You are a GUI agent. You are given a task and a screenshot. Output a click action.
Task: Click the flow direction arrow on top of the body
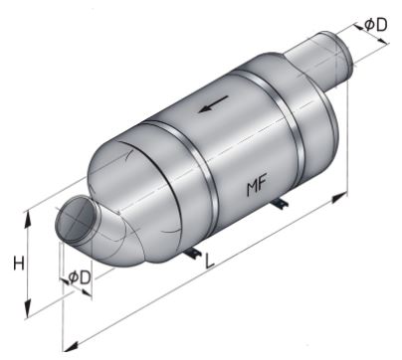pyautogui.click(x=213, y=104)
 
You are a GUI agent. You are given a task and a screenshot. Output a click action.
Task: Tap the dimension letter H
pyautogui.click(x=19, y=265)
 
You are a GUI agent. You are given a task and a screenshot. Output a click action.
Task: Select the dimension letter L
pyautogui.click(x=210, y=261)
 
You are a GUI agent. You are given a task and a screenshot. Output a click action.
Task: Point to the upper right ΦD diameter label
pyautogui.click(x=376, y=25)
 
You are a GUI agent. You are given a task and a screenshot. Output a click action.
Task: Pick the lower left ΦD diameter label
pyautogui.click(x=79, y=277)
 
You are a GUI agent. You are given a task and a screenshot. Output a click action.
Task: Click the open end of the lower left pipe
pyautogui.click(x=76, y=219)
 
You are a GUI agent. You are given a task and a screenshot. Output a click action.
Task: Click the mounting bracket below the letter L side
pyautogui.click(x=193, y=254)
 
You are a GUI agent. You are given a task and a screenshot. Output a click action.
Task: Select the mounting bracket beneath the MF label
pyautogui.click(x=280, y=204)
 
